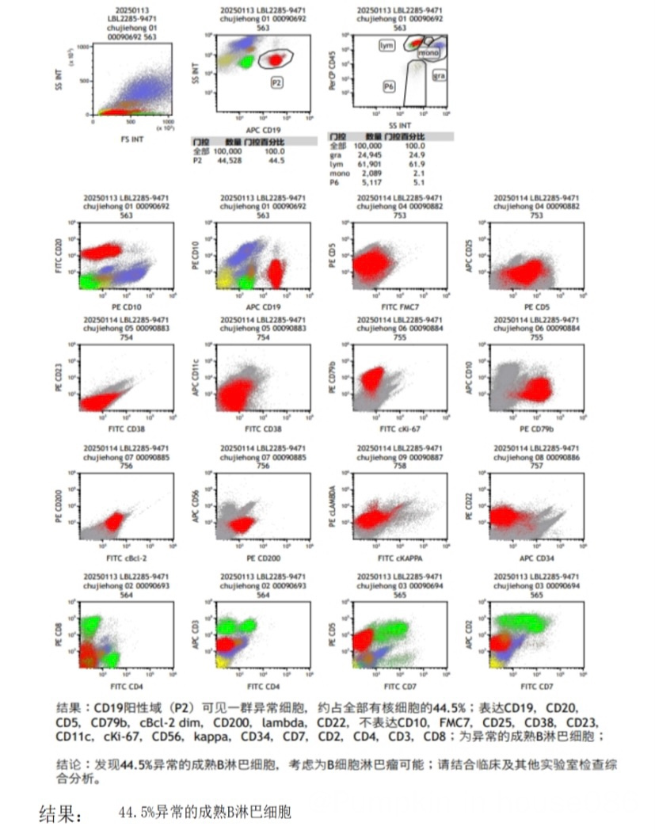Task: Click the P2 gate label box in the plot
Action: (x=277, y=82)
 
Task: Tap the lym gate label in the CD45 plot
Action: (x=387, y=46)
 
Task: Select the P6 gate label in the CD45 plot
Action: (x=389, y=85)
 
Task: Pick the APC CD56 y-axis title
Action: (x=195, y=505)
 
